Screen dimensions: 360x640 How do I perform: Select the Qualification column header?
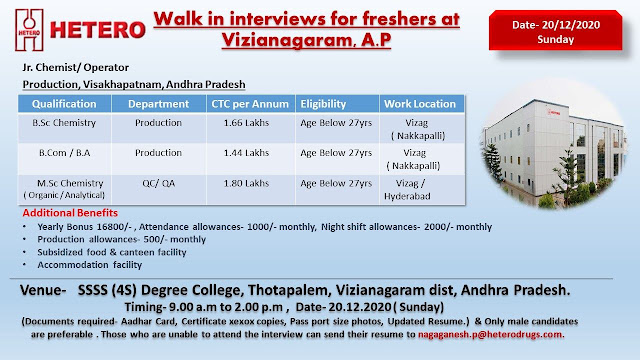click(x=65, y=104)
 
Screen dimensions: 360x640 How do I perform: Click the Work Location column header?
click(x=420, y=104)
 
